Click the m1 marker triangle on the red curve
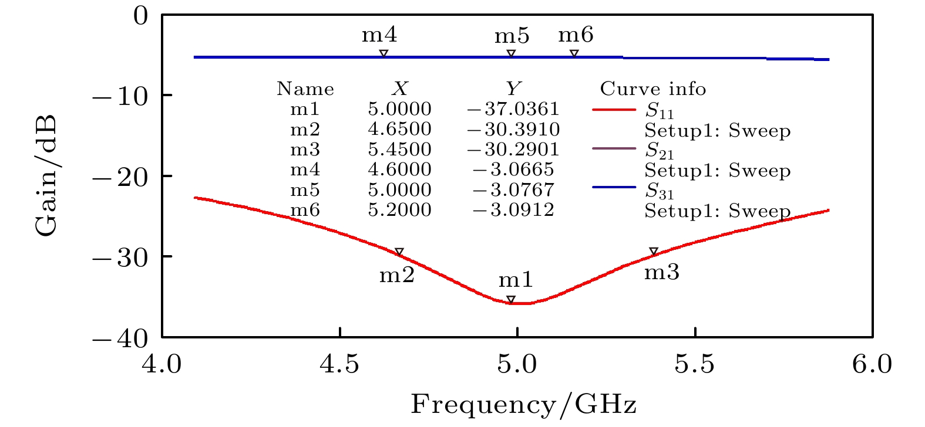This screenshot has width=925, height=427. (511, 300)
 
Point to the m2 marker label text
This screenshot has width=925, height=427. (397, 274)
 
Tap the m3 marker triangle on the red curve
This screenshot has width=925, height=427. (653, 252)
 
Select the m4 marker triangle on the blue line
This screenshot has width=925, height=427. (384, 53)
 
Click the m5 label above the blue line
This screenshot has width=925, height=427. (512, 36)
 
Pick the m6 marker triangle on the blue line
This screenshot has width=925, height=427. (574, 53)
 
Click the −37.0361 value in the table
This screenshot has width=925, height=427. (513, 109)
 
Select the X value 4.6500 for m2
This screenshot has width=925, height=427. (399, 129)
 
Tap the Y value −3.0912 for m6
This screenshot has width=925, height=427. (513, 210)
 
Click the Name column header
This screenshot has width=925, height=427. (305, 89)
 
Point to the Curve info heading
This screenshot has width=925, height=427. (652, 89)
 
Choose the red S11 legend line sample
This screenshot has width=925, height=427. (614, 110)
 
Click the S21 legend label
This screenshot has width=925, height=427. (660, 151)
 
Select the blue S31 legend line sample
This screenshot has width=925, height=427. (614, 188)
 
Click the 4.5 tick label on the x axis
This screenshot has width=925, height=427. (339, 365)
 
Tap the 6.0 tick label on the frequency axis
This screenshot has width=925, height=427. (872, 365)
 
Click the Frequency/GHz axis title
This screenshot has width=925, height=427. (523, 405)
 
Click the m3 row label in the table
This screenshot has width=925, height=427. (305, 150)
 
